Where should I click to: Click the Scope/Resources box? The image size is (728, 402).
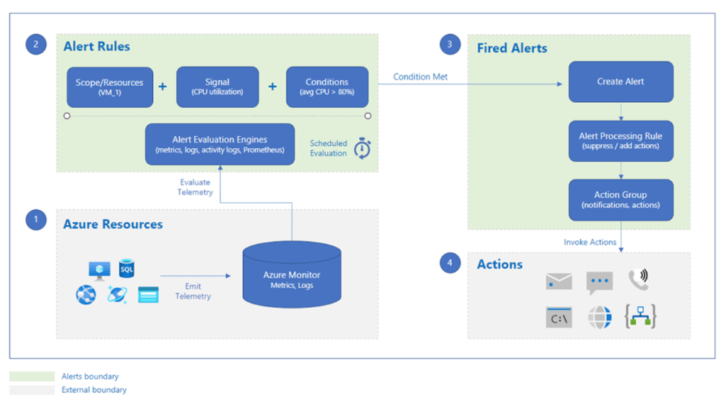coord(110,87)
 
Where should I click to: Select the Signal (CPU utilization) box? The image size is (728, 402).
coord(218,87)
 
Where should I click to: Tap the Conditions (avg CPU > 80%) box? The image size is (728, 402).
coord(327,87)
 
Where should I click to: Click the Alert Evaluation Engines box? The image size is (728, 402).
coord(220,144)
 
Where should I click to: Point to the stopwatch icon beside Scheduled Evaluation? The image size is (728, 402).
coord(362,148)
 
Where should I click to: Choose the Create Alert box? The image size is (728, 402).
coord(621,82)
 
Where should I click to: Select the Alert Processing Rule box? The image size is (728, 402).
coord(621,141)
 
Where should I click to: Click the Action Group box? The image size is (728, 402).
coord(621,200)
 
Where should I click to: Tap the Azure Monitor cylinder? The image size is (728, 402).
coord(291,274)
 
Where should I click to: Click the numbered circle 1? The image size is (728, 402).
coord(36,219)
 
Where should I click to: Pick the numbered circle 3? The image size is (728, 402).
coord(450,45)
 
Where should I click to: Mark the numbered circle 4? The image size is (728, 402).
coord(450,263)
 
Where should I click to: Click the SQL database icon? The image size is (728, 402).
coord(127,268)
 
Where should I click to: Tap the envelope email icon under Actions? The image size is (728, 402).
coord(559,281)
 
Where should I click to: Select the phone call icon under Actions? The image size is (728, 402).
coord(639,280)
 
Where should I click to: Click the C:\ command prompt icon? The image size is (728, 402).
coord(559,317)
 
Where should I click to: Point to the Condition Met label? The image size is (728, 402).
coord(420,77)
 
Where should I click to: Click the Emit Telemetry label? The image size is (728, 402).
coord(193,291)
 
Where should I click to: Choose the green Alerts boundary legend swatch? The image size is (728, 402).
coord(31,376)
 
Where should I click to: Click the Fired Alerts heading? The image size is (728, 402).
coord(512,48)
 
